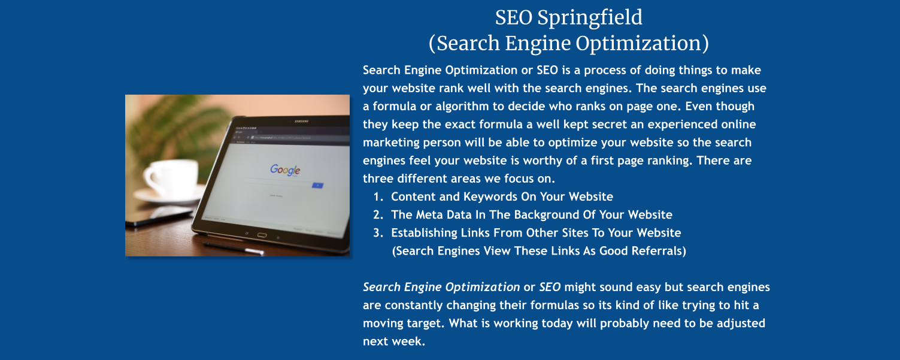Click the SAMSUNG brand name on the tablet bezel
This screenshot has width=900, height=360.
301,122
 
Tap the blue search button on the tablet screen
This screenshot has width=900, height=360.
317,185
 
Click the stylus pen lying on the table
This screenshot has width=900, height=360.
234,247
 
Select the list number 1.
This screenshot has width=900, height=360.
377,196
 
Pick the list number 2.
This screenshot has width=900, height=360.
377,214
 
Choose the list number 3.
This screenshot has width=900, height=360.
377,232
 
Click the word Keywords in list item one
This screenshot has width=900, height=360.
484,196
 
